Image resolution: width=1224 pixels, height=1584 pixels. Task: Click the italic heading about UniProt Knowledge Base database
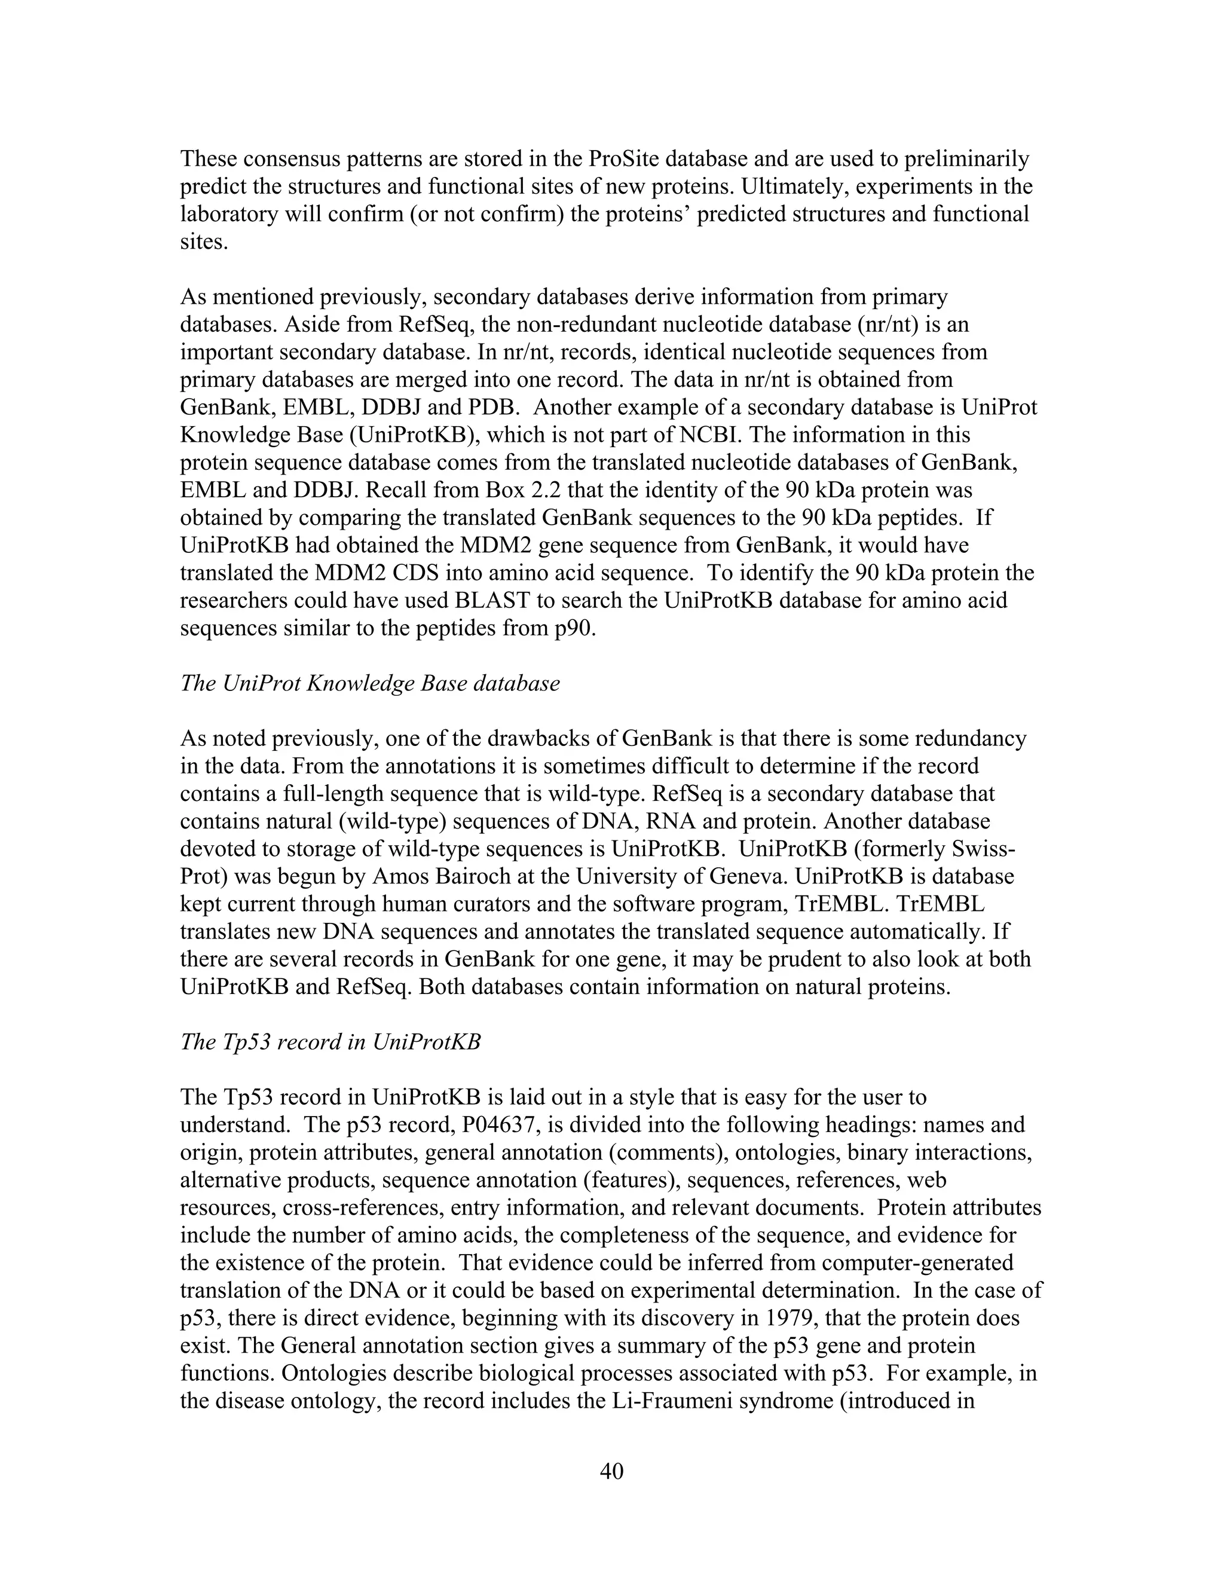(x=370, y=683)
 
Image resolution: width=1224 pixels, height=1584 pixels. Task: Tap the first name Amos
(x=398, y=877)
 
